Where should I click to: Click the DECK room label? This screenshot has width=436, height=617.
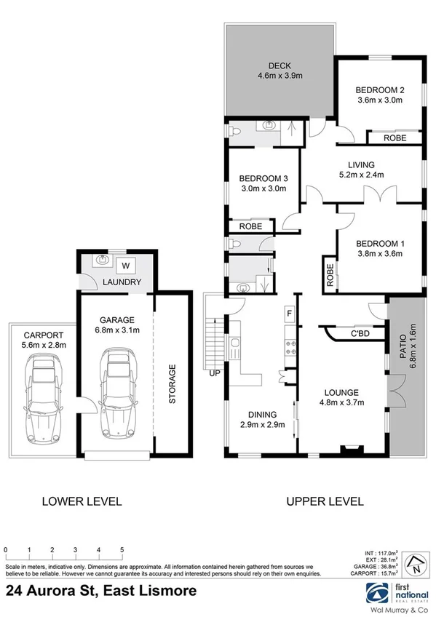tap(279, 63)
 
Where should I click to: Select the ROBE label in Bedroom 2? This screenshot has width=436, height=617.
tap(395, 137)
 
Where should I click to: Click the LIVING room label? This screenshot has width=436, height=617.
tap(363, 164)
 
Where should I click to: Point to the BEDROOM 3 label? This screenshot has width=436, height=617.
tap(263, 178)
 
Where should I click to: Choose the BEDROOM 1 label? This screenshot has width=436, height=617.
tap(379, 243)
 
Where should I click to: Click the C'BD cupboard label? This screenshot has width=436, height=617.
tap(359, 334)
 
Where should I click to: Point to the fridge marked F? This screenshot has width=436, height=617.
tap(289, 314)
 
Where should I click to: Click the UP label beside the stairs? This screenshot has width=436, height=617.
tap(215, 374)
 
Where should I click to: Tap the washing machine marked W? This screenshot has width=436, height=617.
tap(125, 265)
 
